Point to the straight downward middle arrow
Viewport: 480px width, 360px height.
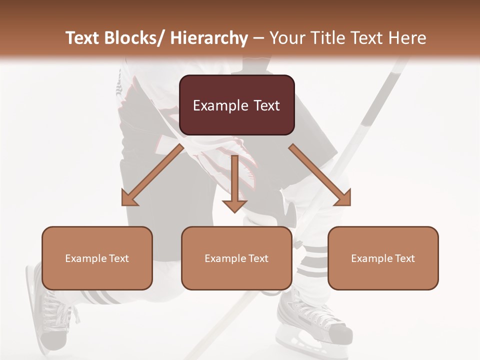tap(234, 185)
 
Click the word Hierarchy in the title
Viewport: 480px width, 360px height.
tap(209, 38)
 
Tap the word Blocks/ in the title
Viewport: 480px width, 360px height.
tap(133, 38)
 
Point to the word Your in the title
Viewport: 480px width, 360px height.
tap(287, 38)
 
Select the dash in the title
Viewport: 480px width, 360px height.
tap(258, 38)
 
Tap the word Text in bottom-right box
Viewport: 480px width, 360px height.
tap(404, 258)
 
